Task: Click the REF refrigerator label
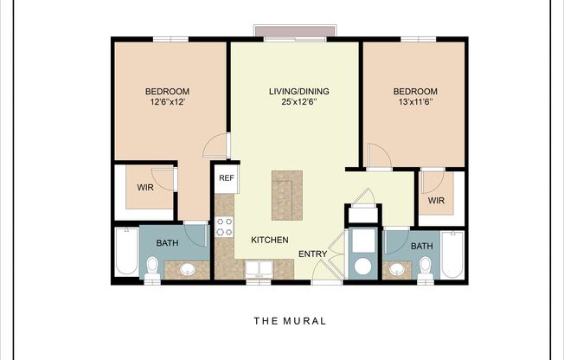(x=226, y=178)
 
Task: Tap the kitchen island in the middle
(x=287, y=195)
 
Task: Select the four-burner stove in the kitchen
(x=224, y=227)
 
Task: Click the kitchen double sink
(x=257, y=267)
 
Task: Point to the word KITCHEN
(x=270, y=240)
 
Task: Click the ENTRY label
(x=312, y=254)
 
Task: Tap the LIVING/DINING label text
(x=299, y=91)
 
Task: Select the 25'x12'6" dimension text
(x=299, y=102)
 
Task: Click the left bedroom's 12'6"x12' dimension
(x=167, y=102)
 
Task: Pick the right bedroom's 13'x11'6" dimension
(x=415, y=102)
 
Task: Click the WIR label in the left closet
(x=145, y=186)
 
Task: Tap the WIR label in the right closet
(x=436, y=201)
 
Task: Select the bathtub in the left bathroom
(x=126, y=252)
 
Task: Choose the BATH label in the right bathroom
(x=421, y=247)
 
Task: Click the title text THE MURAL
(x=290, y=321)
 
